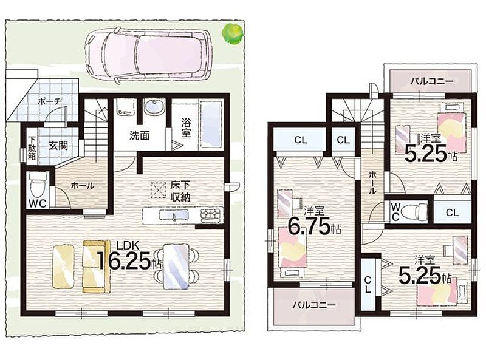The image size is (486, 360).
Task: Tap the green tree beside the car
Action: point(232,33)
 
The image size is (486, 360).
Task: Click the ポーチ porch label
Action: point(50,101)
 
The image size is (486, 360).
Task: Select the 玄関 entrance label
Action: point(58,145)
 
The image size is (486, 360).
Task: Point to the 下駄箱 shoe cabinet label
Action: point(32,148)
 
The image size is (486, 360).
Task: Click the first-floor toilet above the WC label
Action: point(37,185)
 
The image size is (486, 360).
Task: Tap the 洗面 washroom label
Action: point(140,135)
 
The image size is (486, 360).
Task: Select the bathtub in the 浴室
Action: point(211,124)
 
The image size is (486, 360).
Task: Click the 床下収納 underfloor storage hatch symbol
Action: point(159,190)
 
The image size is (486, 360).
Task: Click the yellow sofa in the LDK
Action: point(96,266)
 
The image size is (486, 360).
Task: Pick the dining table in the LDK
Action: point(176,266)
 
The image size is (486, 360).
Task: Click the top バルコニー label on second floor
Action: point(432,81)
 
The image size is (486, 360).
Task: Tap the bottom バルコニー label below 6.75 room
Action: point(314,305)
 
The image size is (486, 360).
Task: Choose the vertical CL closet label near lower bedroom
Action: point(368,284)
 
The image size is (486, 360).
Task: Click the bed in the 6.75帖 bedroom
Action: point(293,247)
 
